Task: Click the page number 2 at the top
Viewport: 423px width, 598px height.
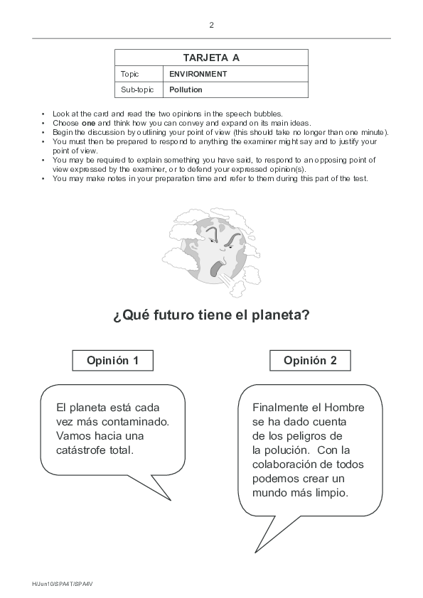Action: pyautogui.click(x=211, y=25)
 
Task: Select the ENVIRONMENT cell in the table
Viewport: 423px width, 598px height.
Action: pyautogui.click(x=198, y=74)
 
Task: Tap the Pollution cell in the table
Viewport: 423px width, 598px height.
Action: pyautogui.click(x=186, y=90)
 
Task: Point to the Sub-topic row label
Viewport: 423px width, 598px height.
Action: pyautogui.click(x=135, y=90)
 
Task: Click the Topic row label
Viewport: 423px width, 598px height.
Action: pyautogui.click(x=130, y=74)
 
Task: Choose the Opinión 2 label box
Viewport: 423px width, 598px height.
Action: pyautogui.click(x=310, y=361)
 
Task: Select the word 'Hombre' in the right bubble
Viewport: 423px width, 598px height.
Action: pyautogui.click(x=345, y=408)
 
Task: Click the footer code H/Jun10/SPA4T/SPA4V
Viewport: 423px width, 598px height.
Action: pyautogui.click(x=63, y=585)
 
